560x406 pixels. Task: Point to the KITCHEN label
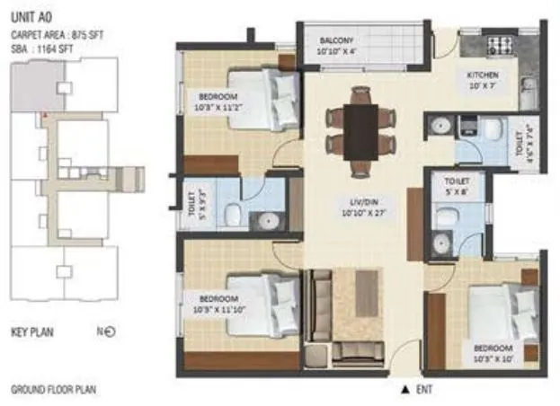coord(482,75)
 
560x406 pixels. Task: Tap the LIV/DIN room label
coord(363,201)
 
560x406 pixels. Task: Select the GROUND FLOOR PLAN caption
coord(53,389)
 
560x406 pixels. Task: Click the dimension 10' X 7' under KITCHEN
coord(482,87)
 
